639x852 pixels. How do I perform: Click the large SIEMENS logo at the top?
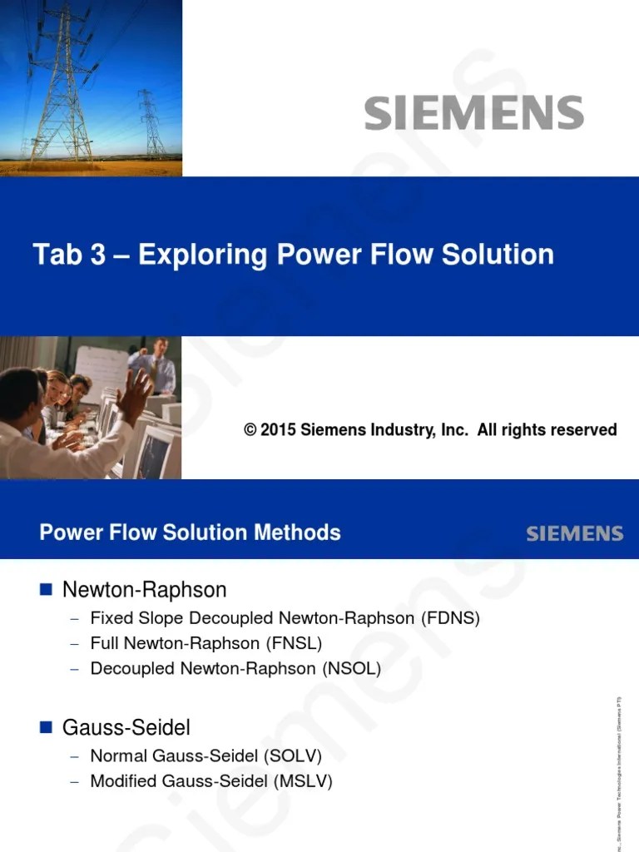click(473, 112)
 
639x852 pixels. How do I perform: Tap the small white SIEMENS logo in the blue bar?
click(574, 533)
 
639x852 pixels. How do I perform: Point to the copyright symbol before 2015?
click(250, 430)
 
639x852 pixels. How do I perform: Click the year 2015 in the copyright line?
click(278, 430)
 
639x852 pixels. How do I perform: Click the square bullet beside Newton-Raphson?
click(47, 589)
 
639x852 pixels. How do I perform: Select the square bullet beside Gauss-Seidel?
click(47, 727)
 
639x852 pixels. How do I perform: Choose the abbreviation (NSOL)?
click(351, 668)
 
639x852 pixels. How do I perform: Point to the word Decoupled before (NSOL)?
click(132, 668)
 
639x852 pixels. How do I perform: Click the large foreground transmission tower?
click(61, 83)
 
